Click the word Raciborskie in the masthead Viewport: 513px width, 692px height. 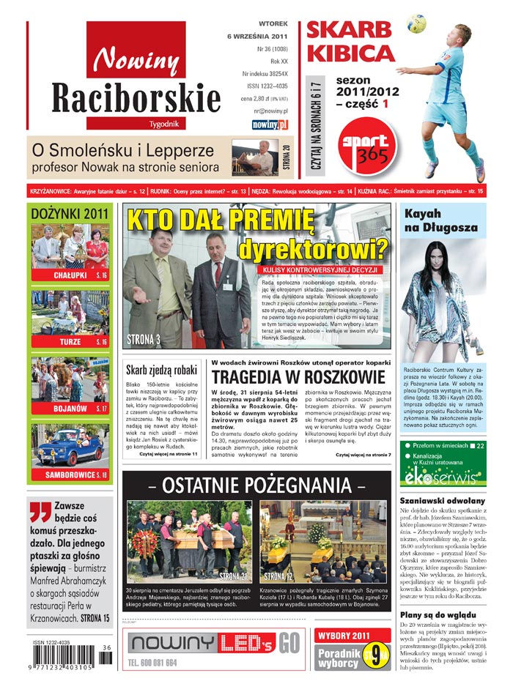[x=136, y=98]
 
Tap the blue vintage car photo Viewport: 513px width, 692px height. [x=70, y=448]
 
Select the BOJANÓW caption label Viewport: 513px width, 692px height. [x=70, y=408]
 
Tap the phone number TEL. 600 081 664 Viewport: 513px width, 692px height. [x=163, y=662]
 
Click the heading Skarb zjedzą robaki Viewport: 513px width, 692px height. [x=161, y=371]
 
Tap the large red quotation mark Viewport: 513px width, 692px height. [x=40, y=510]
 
